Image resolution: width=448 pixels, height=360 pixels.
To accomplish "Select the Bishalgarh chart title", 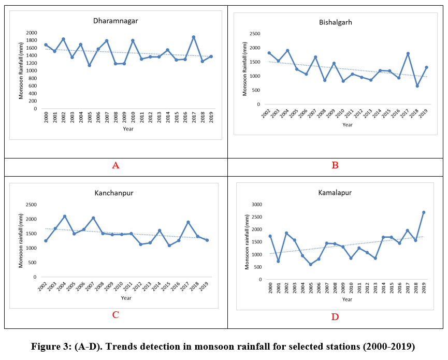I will click(x=335, y=23).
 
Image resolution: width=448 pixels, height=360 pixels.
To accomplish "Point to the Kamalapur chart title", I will click(x=335, y=193).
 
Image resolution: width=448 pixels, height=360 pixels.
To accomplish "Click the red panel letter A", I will click(x=115, y=166).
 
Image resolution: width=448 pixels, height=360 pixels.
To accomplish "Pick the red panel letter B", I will click(x=335, y=166).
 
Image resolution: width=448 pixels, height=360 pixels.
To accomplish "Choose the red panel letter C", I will click(x=115, y=314).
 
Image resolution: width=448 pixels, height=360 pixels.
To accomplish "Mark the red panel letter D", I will click(x=335, y=316).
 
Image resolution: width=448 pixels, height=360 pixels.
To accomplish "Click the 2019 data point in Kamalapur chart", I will click(x=424, y=212).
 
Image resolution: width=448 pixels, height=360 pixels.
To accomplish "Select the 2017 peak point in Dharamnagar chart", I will click(x=194, y=37).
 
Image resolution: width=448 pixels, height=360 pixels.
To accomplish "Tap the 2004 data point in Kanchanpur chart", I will click(x=65, y=216).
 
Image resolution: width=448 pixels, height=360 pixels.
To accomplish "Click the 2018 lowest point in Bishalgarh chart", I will click(x=417, y=86).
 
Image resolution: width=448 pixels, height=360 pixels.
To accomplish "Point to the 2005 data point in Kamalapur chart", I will click(x=311, y=264).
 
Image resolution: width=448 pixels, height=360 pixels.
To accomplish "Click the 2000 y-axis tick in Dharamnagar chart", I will click(x=32, y=33).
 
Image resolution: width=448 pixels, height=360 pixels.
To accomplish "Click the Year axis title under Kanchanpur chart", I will click(x=126, y=298).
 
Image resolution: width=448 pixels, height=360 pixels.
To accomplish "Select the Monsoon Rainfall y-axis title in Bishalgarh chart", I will click(x=245, y=69).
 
